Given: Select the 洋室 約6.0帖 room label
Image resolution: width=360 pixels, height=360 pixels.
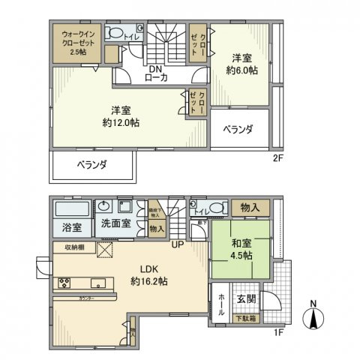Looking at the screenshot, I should coord(243,64).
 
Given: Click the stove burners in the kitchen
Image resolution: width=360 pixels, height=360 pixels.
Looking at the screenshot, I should coord(63,283).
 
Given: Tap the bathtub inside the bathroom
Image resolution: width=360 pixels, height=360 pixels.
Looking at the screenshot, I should coord(71,208).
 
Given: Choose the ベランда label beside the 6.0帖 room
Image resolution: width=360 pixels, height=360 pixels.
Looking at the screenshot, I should coord(238,129).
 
